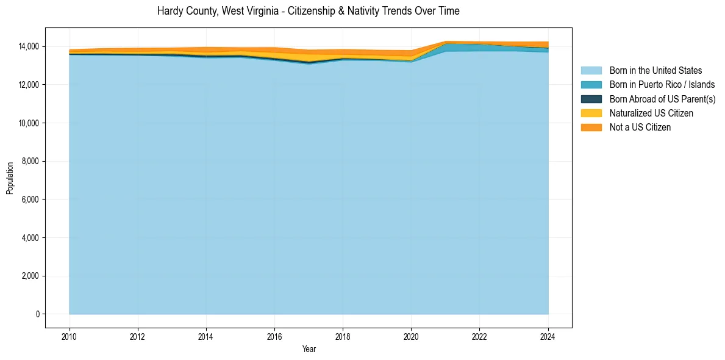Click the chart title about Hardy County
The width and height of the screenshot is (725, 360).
[x=308, y=11]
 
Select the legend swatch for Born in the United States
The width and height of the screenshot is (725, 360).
[x=591, y=71]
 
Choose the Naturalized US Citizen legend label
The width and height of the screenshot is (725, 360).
[x=651, y=113]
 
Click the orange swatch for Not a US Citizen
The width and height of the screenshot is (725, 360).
[x=591, y=127]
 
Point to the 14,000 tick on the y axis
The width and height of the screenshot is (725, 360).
[x=29, y=46]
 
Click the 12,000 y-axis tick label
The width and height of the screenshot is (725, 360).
[x=29, y=85]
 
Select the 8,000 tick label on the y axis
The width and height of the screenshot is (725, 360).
[x=30, y=161]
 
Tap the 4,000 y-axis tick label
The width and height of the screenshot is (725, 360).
[x=30, y=237]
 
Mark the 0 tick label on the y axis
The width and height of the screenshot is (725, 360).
[x=37, y=314]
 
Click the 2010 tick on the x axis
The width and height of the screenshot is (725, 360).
[x=70, y=336]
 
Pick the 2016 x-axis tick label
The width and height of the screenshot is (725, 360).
[x=274, y=336]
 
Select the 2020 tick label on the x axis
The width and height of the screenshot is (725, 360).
[x=412, y=336]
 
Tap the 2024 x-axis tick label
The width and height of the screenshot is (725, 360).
[x=548, y=336]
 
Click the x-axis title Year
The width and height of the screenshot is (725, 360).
[x=309, y=349]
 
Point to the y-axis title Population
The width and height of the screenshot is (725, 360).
[x=10, y=178]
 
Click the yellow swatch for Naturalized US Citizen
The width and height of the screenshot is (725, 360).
[x=591, y=113]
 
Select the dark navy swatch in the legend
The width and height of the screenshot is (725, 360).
[x=591, y=99]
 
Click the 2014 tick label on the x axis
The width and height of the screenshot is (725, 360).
[x=206, y=336]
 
